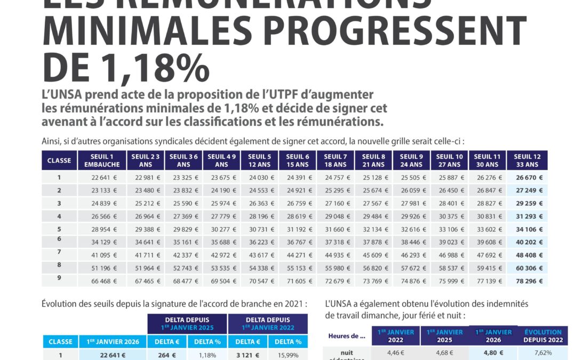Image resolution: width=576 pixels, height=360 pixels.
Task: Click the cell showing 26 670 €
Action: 529,178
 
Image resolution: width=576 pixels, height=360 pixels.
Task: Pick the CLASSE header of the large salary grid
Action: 59,160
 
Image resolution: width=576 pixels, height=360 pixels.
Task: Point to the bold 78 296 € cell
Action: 529,281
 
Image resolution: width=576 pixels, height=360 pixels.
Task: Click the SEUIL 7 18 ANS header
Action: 335,160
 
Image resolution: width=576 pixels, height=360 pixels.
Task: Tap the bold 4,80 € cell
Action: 493,352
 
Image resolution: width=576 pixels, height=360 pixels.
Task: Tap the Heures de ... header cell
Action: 347,336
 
